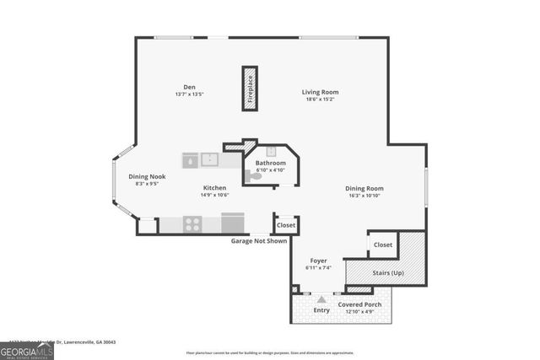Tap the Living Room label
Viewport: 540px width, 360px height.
point(321,92)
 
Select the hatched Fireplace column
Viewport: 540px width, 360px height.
point(250,89)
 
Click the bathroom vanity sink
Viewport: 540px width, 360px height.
point(271,153)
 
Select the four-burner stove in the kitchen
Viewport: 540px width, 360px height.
point(192,224)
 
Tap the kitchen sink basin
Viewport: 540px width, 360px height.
point(208,159)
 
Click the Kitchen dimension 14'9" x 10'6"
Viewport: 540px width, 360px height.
point(214,195)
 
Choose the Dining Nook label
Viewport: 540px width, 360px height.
point(147,176)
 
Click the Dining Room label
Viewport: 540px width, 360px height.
point(364,188)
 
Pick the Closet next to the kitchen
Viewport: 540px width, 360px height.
point(286,225)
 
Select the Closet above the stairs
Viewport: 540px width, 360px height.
point(382,244)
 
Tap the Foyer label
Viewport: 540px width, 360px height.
point(318,261)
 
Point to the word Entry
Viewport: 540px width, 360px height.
point(321,310)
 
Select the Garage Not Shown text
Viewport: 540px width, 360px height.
point(259,240)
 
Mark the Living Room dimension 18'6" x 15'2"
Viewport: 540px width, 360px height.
point(321,99)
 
